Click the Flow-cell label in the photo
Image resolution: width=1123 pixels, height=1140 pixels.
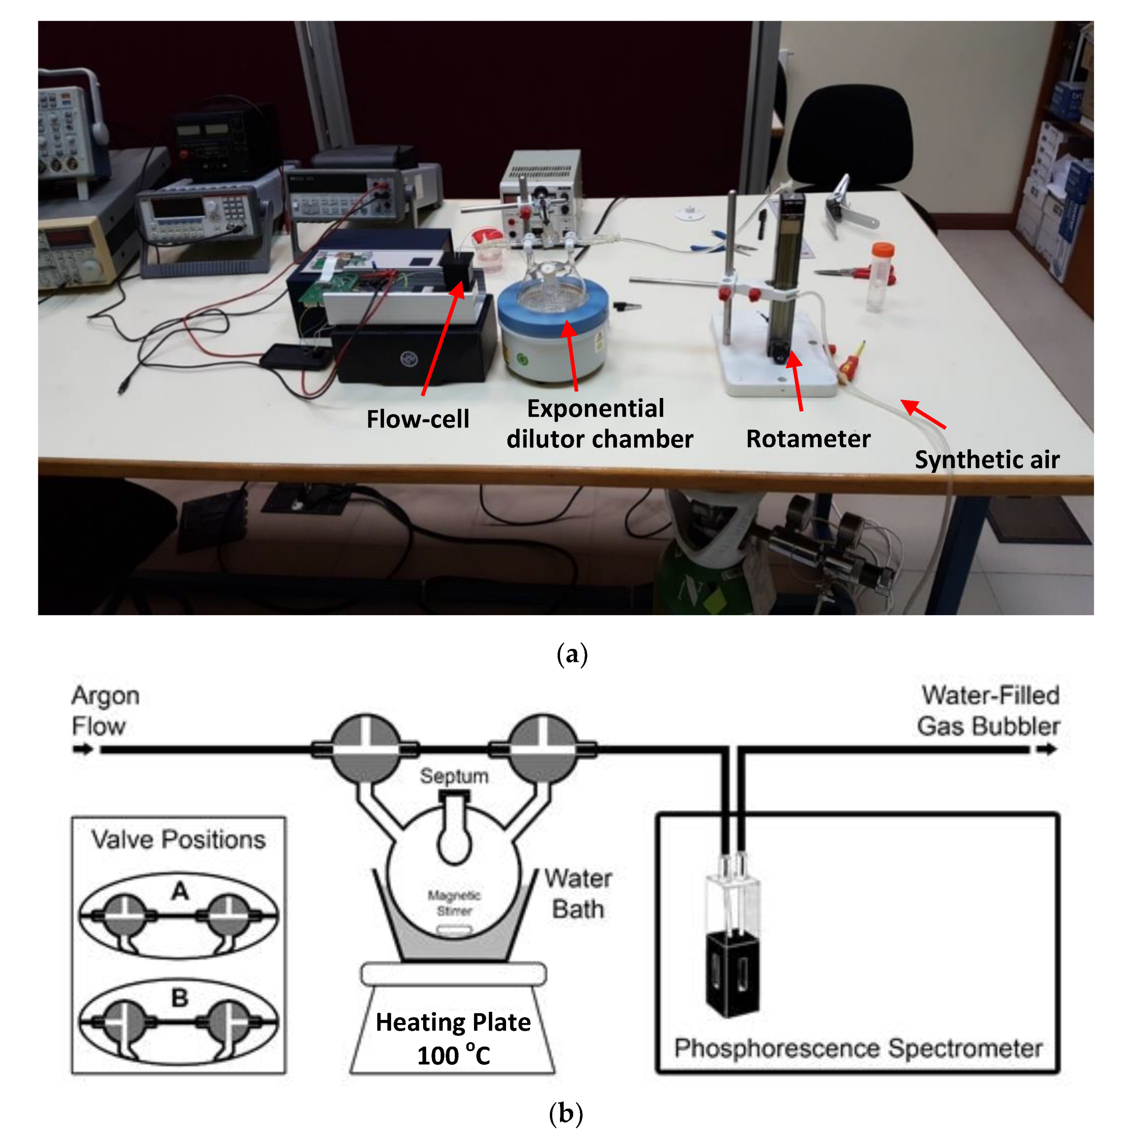(418, 419)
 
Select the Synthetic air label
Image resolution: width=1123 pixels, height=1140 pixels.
(987, 460)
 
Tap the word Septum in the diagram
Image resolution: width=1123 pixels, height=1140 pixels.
(453, 776)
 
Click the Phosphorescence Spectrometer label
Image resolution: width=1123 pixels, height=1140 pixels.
(858, 1049)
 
